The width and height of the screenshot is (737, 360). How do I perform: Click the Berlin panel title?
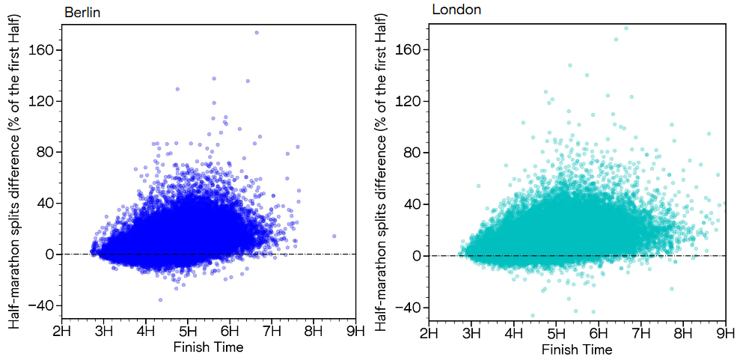click(x=82, y=12)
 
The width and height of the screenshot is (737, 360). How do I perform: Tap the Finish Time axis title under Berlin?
click(x=208, y=347)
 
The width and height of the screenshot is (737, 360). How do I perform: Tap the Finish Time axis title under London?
click(x=577, y=350)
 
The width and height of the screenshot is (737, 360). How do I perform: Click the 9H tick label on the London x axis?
click(x=725, y=332)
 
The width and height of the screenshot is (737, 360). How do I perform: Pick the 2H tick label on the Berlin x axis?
click(x=61, y=330)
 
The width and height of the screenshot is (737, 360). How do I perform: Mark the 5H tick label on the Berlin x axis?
click(x=188, y=330)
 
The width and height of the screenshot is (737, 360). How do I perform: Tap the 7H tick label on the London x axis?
click(x=640, y=332)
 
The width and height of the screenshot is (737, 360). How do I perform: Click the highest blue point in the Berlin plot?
click(x=257, y=32)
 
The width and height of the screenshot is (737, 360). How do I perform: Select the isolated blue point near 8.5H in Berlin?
click(x=334, y=236)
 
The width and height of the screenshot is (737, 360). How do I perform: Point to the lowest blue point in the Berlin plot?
click(x=160, y=299)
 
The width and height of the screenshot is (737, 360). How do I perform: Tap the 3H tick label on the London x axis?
click(x=471, y=332)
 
